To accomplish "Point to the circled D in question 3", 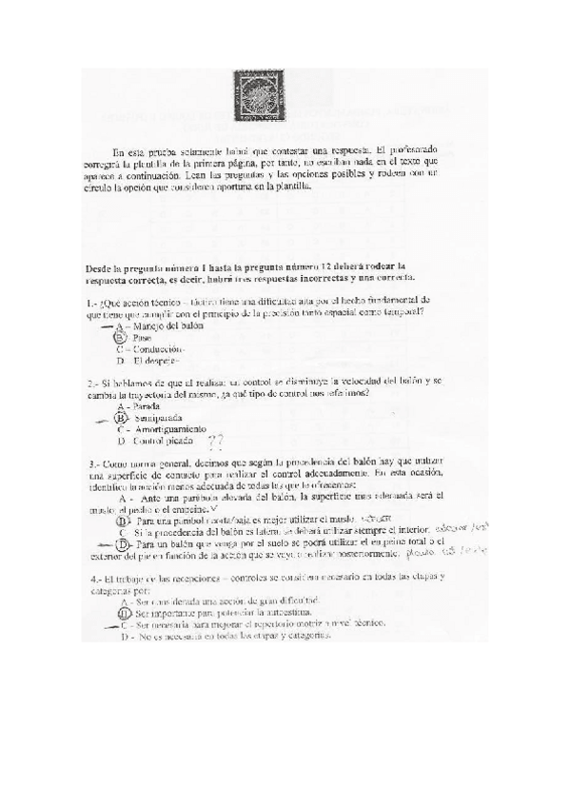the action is point(121,543).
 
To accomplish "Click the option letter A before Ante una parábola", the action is point(124,497).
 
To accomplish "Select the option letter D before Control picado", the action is point(121,441).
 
